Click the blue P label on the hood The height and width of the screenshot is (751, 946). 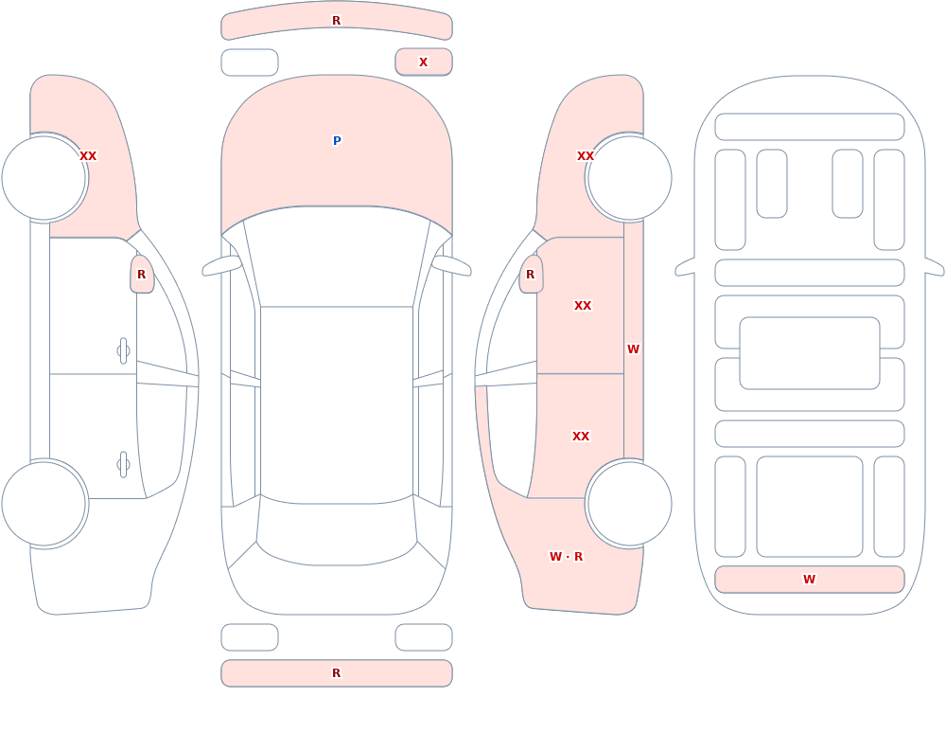337,141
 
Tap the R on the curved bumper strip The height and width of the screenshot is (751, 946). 337,21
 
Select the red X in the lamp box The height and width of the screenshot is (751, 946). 424,63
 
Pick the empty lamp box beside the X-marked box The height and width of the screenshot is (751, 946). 250,63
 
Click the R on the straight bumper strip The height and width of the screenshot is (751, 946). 337,673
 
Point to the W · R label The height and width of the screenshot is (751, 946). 567,557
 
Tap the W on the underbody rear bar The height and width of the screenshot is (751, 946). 809,580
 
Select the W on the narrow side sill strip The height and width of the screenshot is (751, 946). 633,349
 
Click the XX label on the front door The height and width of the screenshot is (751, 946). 583,306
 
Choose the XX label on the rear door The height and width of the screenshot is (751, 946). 581,437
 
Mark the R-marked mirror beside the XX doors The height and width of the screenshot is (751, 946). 531,275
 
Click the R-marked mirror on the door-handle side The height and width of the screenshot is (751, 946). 142,275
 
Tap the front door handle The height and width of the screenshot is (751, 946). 124,351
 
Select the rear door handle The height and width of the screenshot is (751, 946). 124,465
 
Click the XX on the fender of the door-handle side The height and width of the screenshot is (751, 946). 88,156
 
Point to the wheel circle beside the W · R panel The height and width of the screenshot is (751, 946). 629,503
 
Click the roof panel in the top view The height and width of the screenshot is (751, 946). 337,404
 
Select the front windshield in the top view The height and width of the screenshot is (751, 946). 337,257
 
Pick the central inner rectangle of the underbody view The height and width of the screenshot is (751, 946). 810,353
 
